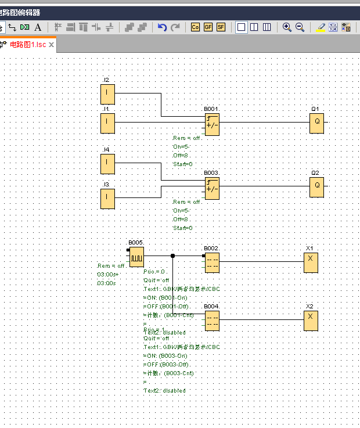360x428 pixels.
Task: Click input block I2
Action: (107, 93)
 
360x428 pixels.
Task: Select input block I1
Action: (107, 123)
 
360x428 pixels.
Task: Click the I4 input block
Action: (107, 163)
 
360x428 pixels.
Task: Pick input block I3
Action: (107, 198)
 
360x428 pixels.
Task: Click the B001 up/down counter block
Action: (212, 124)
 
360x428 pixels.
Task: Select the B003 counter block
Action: (212, 188)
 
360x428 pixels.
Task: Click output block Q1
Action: (316, 123)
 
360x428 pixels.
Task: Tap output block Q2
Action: (316, 186)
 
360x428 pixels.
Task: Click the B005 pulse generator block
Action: (136, 256)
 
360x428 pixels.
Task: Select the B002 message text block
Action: (212, 262)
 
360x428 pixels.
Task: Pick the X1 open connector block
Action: (310, 262)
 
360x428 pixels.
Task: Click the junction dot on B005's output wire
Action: (172, 256)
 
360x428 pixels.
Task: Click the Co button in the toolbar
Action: (195, 27)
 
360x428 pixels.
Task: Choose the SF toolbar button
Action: (221, 27)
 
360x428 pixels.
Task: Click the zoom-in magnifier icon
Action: (287, 27)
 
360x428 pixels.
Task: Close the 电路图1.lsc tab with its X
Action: (51, 45)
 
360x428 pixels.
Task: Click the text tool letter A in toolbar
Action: (38, 27)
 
